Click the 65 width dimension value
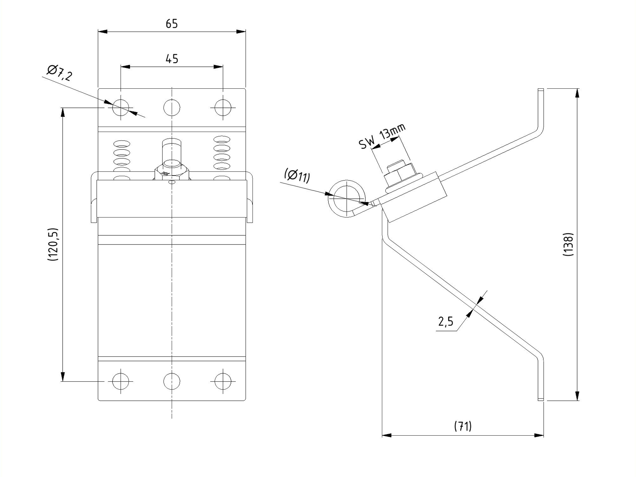pyautogui.click(x=172, y=24)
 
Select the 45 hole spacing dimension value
pyautogui.click(x=172, y=59)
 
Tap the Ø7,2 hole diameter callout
pyautogui.click(x=59, y=73)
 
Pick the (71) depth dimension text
pyautogui.click(x=463, y=426)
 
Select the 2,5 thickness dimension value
pyautogui.click(x=446, y=321)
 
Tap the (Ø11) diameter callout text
pyautogui.click(x=297, y=176)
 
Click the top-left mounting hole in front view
pyautogui.click(x=121, y=107)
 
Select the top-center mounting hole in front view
pyautogui.click(x=172, y=107)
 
